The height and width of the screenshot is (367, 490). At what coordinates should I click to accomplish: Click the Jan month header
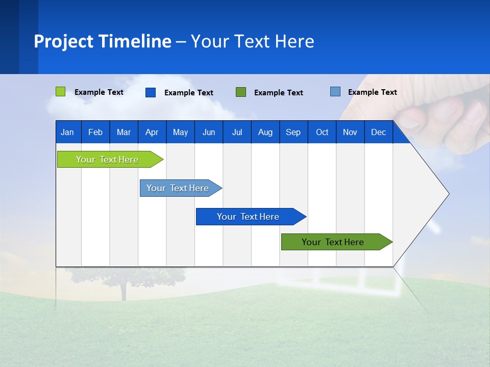pyautogui.click(x=67, y=132)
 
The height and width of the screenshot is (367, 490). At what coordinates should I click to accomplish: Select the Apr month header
pyautogui.click(x=152, y=132)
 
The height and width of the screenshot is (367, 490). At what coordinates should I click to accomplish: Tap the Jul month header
pyautogui.click(x=237, y=132)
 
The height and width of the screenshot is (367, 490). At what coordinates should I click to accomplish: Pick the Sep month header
pyautogui.click(x=293, y=132)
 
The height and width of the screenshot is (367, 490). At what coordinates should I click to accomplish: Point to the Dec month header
pyautogui.click(x=378, y=132)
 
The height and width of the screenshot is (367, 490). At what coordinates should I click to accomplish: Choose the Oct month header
pyautogui.click(x=322, y=132)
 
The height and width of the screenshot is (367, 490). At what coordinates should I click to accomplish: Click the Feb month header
pyautogui.click(x=95, y=132)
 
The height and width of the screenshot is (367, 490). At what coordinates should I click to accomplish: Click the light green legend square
pyautogui.click(x=61, y=92)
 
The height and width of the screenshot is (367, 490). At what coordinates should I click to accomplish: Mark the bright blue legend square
pyautogui.click(x=151, y=92)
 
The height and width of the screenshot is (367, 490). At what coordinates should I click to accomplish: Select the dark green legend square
pyautogui.click(x=241, y=92)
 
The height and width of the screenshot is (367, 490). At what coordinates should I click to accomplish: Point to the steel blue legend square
pyautogui.click(x=335, y=92)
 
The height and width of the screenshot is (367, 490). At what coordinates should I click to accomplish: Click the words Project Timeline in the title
pyautogui.click(x=102, y=41)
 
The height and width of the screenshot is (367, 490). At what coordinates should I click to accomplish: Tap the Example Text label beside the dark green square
pyautogui.click(x=278, y=93)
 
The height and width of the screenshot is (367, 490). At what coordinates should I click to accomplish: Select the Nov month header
pyautogui.click(x=350, y=132)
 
